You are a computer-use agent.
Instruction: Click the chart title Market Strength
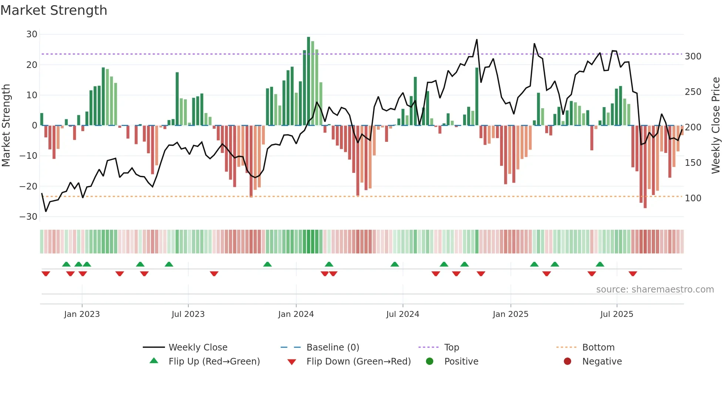point(54,10)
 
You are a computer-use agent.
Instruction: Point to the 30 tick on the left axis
point(32,34)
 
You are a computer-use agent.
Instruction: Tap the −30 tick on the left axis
point(28,217)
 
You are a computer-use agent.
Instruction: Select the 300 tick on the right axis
point(693,57)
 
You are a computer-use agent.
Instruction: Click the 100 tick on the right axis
point(693,198)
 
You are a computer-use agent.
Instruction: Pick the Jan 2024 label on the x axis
point(296,314)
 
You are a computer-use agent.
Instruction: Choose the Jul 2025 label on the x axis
point(617,314)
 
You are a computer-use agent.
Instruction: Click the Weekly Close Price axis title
point(716,126)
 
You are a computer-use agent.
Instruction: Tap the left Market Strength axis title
point(6,126)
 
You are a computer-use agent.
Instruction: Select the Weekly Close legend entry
point(198,348)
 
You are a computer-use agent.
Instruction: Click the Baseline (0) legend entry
point(333,348)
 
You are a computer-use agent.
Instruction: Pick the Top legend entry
point(451,348)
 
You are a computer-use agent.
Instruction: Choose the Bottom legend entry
point(598,348)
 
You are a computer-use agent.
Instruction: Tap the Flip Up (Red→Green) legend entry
point(214,362)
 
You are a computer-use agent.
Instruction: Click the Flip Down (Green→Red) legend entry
point(358,362)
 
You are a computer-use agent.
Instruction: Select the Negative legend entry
point(602,362)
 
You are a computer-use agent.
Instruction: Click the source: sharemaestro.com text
point(655,290)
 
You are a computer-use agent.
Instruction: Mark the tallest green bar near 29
point(308,81)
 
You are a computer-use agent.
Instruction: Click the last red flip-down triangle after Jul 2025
point(633,274)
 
